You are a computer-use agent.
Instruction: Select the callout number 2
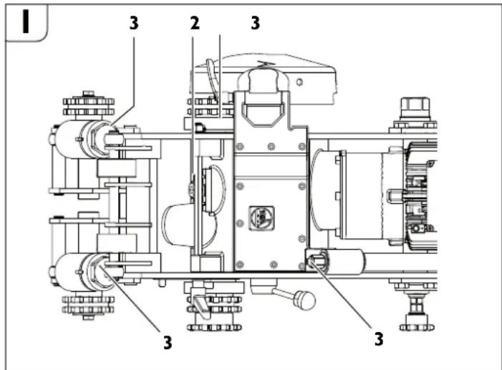click(193, 22)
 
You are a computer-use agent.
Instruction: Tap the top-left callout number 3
click(134, 22)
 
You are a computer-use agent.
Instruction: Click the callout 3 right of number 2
click(254, 22)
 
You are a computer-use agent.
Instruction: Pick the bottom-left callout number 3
click(167, 341)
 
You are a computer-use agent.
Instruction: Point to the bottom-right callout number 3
click(379, 337)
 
